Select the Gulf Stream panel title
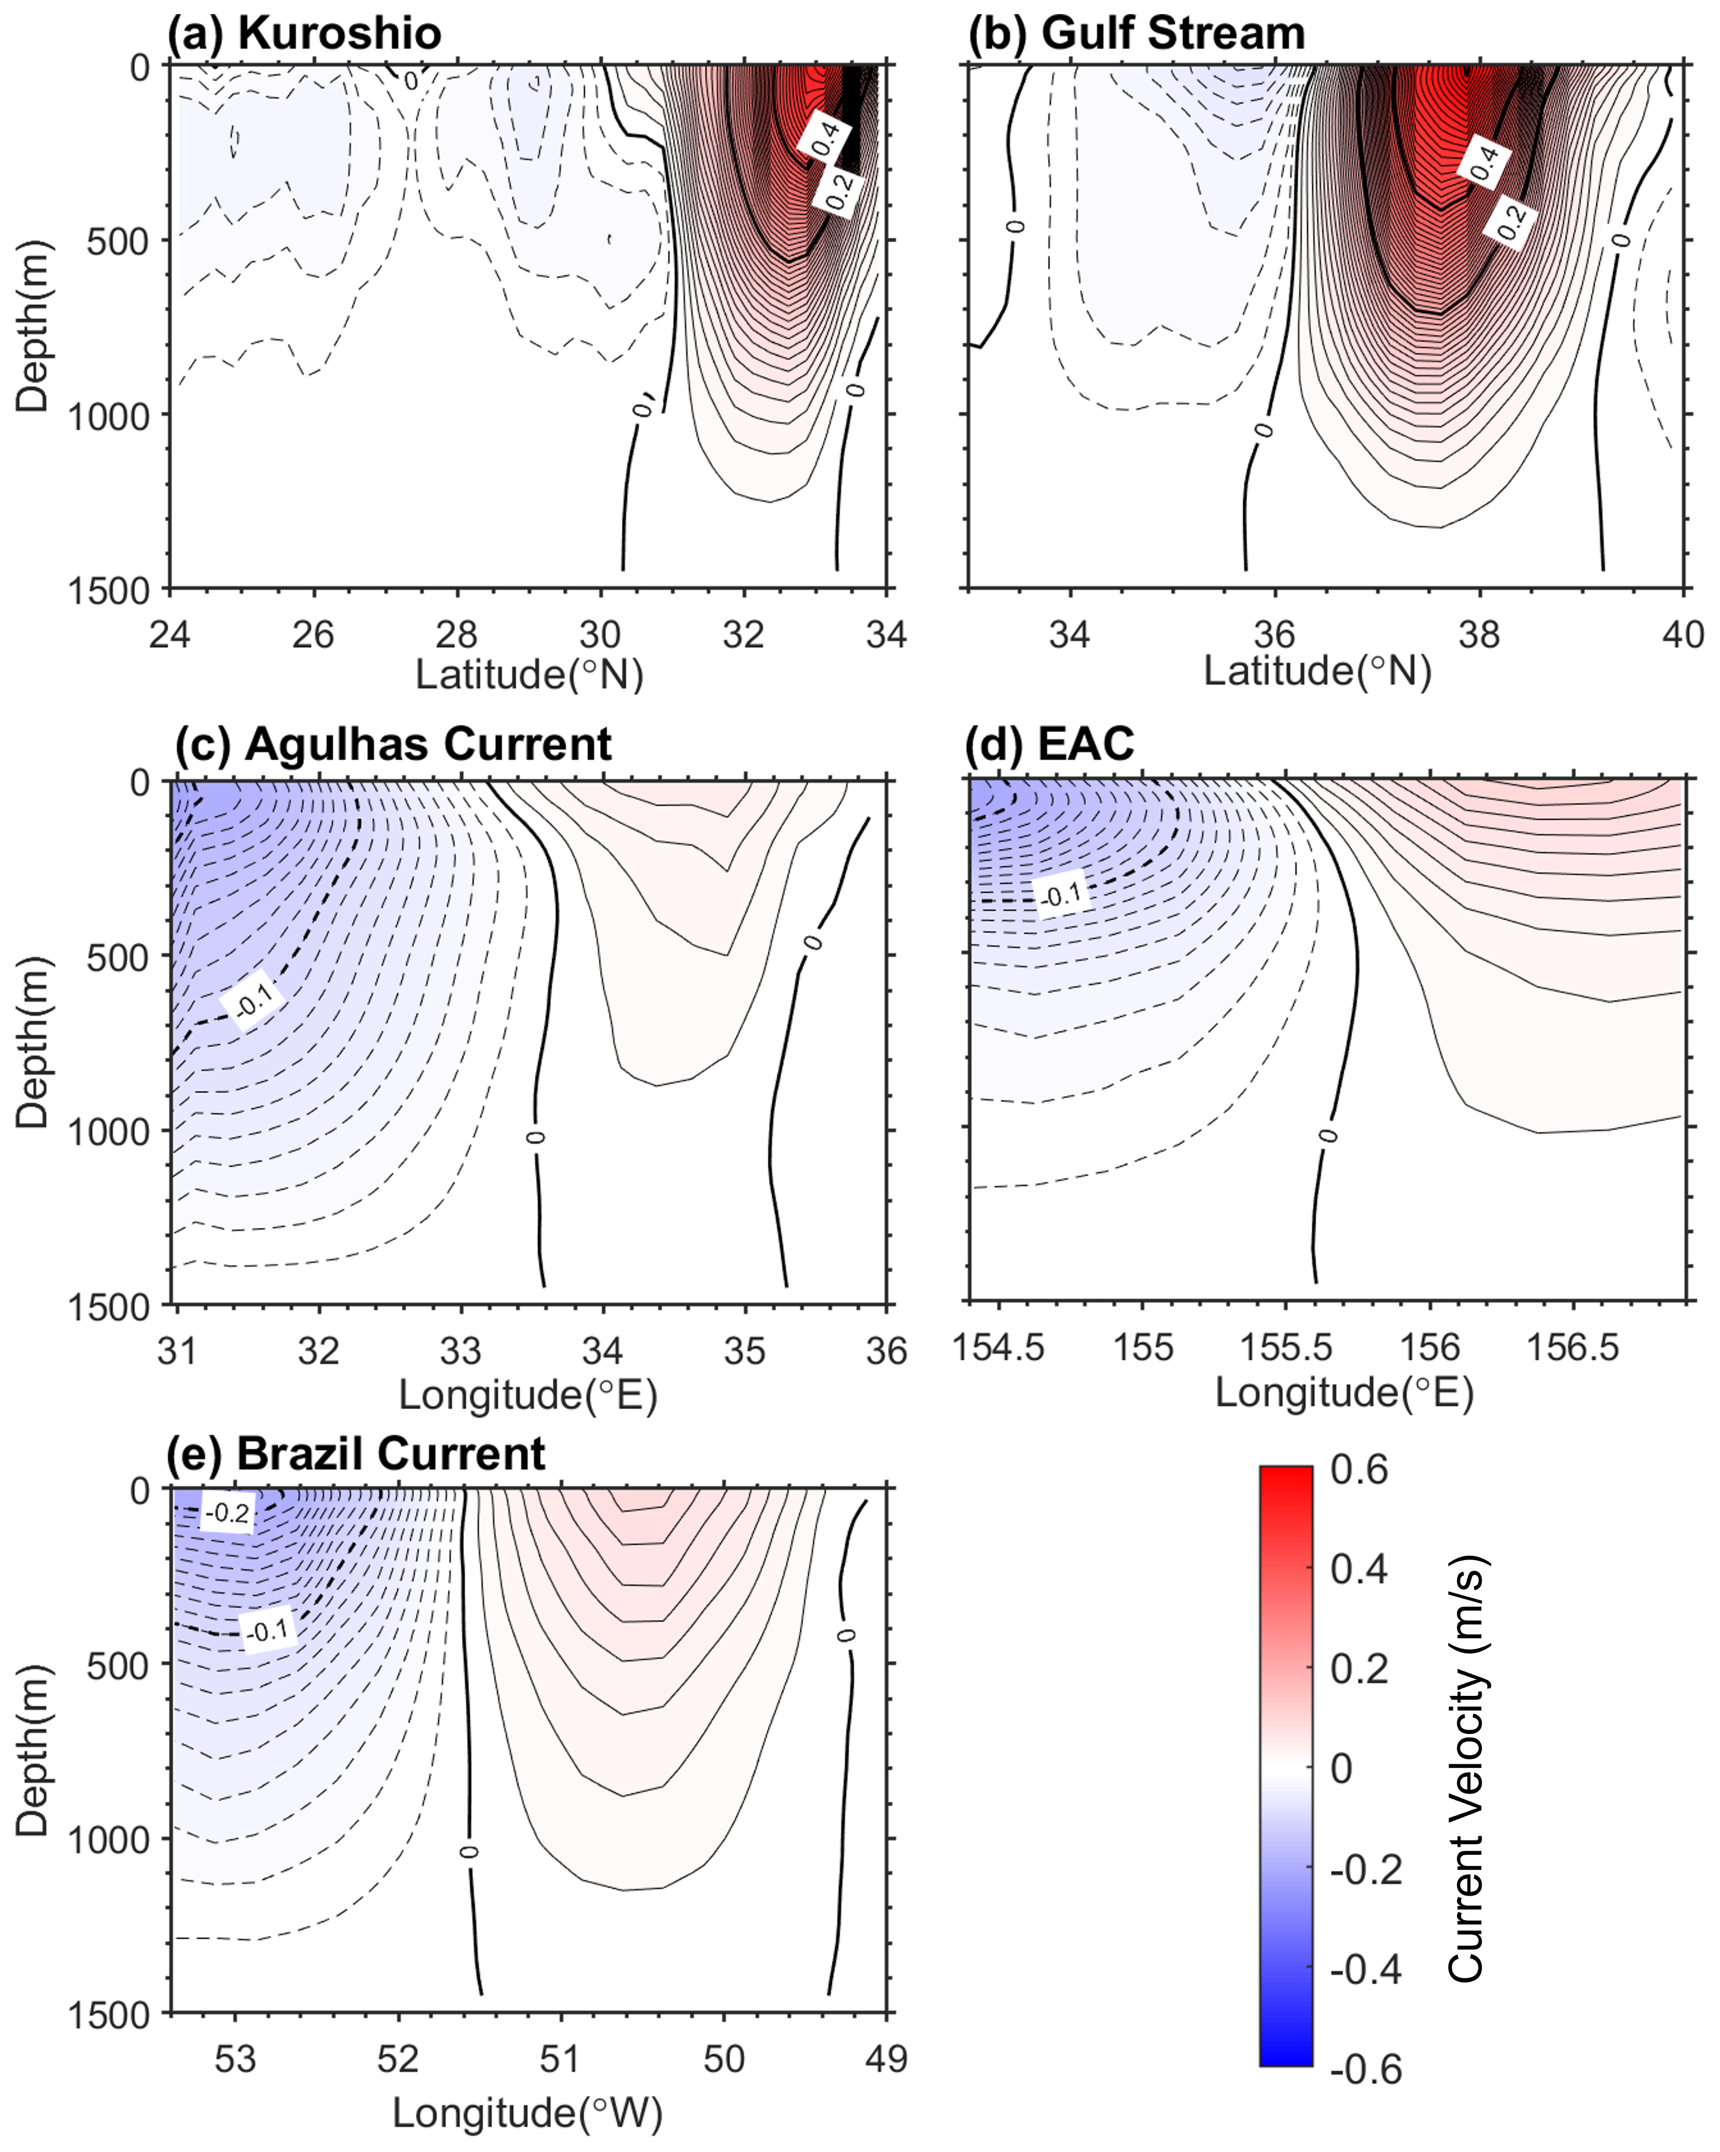[1136, 33]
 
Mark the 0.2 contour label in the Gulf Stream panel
[1512, 222]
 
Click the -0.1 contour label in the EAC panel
[1061, 894]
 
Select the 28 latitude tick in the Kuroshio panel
[457, 635]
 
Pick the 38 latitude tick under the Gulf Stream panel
[1478, 635]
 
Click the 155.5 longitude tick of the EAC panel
[1286, 1347]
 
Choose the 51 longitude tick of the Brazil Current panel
[560, 2058]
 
